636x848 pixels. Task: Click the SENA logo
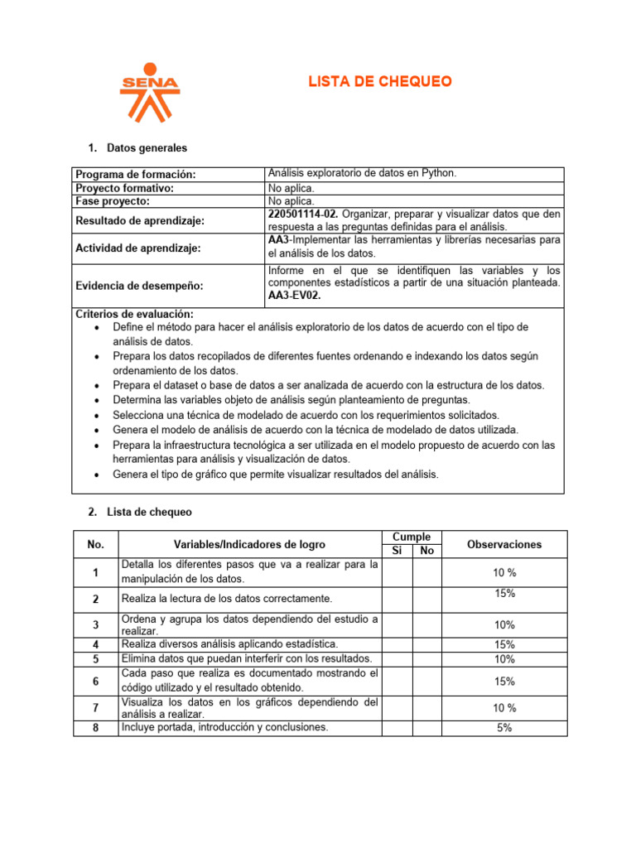149,92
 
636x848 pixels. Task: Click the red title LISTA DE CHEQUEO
380,81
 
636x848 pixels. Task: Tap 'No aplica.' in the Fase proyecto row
291,200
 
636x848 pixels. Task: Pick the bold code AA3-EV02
294,295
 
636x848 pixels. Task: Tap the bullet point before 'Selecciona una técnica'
98,415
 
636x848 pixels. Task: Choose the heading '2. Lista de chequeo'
139,512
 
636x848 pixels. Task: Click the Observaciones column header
504,544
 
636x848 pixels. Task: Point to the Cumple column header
411,537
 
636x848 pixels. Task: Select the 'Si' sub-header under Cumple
397,551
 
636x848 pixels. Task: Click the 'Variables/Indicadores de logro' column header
249,544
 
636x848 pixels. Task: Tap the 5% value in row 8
504,728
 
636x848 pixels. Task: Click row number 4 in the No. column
96,644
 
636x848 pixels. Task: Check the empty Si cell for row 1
397,572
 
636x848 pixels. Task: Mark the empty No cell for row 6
426,682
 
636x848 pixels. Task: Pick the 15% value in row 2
504,594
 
